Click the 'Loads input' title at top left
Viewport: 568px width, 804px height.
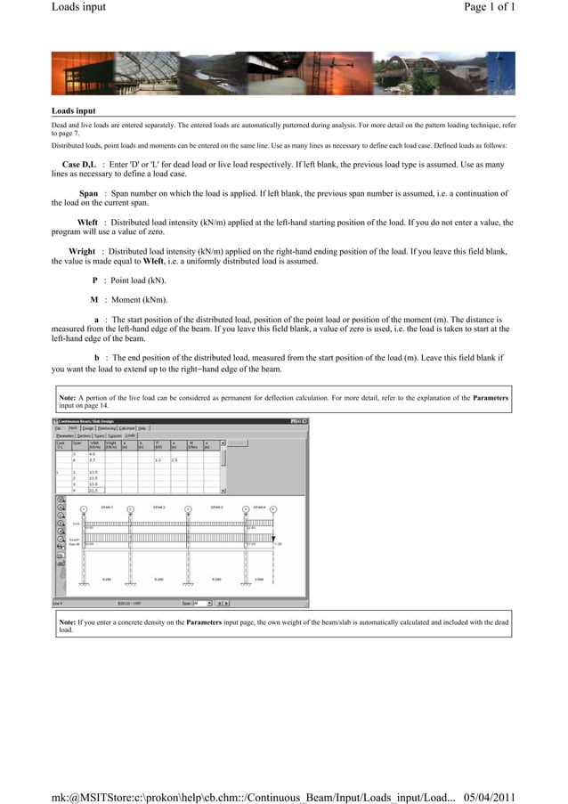pos(78,7)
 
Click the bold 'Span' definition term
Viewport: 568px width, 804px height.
pos(88,193)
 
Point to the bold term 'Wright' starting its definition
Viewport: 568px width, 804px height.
pos(82,252)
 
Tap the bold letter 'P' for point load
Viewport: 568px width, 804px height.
pos(94,280)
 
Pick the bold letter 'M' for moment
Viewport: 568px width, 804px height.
pos(93,299)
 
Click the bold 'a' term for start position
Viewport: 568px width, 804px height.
pos(96,319)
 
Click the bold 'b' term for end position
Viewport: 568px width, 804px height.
pos(97,358)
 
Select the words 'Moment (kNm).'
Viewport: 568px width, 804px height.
pos(139,299)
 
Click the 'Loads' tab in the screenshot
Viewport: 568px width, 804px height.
pos(130,435)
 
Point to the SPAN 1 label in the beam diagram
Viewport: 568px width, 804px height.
pos(107,507)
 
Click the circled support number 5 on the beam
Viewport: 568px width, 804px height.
pos(273,509)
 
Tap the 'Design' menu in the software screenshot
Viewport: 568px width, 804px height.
pos(88,427)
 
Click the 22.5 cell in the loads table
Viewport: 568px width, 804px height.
pos(93,490)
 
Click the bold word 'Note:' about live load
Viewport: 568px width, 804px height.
pos(68,398)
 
